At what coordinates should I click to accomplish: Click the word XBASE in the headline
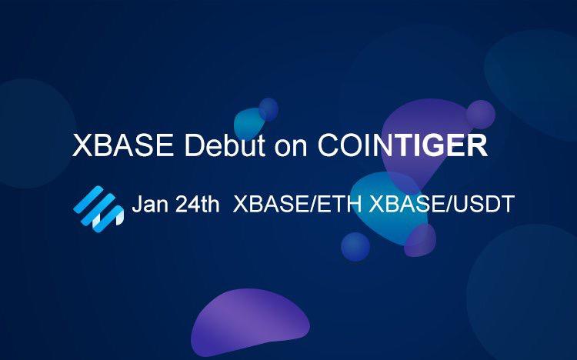123,145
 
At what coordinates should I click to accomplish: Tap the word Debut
225,145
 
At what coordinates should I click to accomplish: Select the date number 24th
197,204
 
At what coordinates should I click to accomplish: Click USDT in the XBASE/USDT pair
484,204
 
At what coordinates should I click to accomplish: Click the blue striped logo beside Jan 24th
98,209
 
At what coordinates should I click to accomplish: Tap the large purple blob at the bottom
249,320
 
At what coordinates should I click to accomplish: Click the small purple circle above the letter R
481,115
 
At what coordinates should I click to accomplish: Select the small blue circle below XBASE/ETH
355,247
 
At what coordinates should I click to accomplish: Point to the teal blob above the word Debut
248,123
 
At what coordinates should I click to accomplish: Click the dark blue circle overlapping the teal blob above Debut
268,109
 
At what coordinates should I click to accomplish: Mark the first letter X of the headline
82,145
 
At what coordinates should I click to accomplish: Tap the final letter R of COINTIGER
477,145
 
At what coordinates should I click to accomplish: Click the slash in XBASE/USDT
449,204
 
